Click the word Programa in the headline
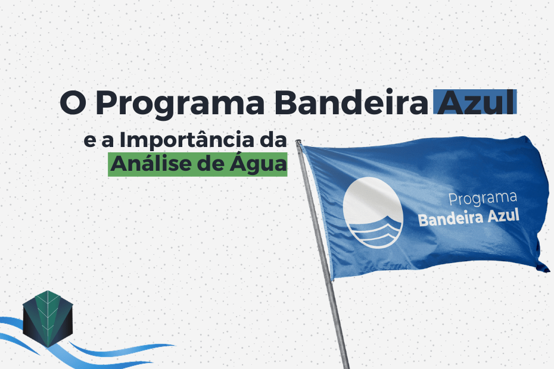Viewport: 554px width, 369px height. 180,104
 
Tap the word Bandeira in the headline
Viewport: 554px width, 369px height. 351,102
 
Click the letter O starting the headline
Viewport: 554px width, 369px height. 73,103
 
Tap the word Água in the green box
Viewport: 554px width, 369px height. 259,164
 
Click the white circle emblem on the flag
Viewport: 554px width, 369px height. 373,212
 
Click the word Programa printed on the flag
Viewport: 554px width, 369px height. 483,198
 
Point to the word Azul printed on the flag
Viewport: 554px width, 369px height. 503,215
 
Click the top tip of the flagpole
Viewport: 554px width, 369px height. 298,141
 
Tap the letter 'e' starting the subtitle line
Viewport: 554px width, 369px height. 90,141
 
